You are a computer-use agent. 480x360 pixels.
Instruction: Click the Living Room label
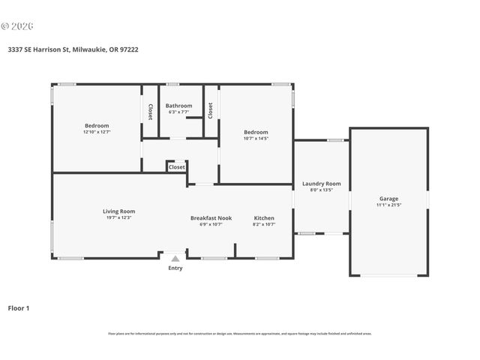coord(118,211)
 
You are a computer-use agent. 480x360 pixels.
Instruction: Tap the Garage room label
coord(388,199)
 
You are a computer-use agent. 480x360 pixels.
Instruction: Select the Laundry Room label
coord(321,184)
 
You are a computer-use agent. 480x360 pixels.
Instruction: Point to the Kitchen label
coord(264,218)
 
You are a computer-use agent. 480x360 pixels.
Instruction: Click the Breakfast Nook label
coord(211,218)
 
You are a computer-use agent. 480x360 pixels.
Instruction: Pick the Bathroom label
coord(179,106)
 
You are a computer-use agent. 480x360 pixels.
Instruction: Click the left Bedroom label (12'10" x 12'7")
coord(96,125)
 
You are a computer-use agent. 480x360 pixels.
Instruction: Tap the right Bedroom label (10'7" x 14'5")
coord(256,132)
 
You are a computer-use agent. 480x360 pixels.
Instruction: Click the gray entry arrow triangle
coord(175,259)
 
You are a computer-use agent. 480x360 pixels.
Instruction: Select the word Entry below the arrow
coord(175,268)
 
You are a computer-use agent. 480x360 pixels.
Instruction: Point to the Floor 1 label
coord(19,307)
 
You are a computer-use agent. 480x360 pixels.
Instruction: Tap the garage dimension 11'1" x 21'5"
coord(388,205)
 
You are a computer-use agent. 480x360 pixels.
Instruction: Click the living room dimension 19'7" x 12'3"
coord(118,218)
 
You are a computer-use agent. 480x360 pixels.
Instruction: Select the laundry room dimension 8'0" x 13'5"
coord(321,190)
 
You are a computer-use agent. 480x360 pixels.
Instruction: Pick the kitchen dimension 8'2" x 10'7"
coord(264,224)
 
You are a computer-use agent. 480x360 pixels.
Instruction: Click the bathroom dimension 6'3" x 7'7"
coord(179,112)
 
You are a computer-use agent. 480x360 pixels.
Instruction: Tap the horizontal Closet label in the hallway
coord(177,167)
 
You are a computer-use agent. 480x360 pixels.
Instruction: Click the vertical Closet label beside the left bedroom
coord(150,112)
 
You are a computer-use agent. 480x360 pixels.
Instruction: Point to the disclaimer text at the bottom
coord(239,334)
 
